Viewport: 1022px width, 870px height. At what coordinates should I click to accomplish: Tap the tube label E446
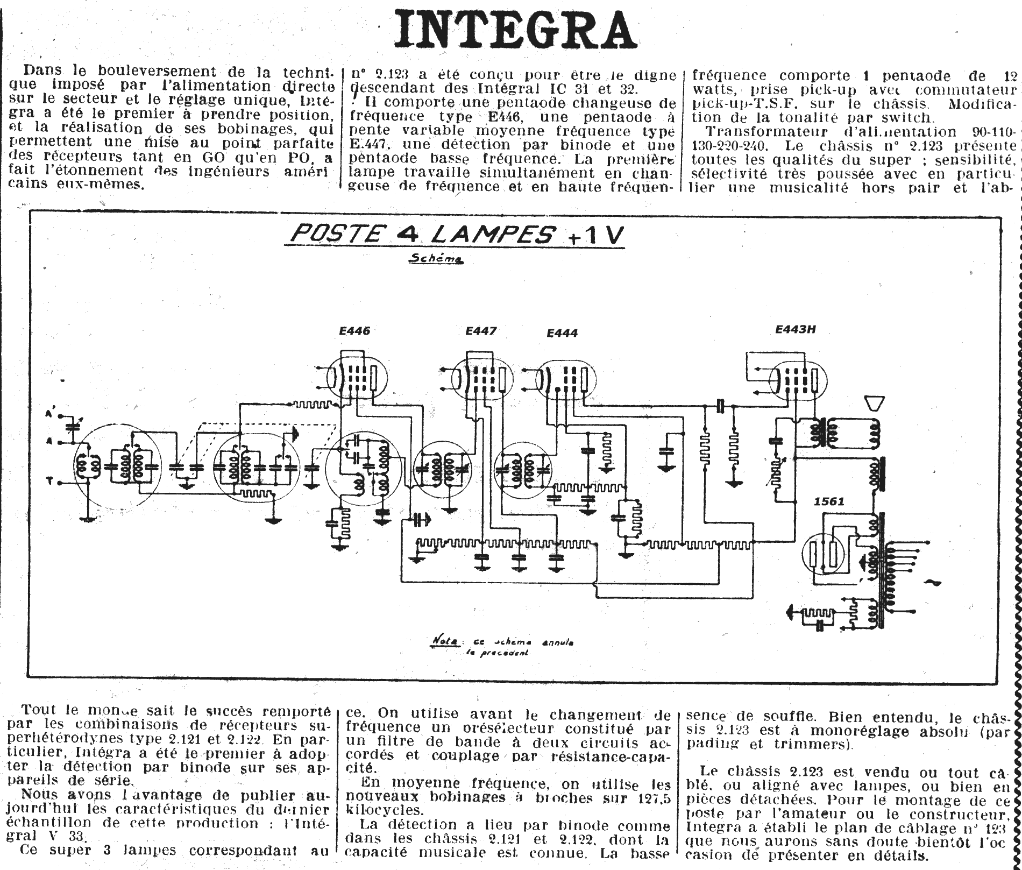pos(354,331)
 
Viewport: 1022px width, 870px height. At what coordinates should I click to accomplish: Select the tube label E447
pos(481,331)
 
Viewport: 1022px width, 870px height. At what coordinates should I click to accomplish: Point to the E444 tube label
pos(562,333)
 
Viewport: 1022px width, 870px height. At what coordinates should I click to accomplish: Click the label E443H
pos(796,329)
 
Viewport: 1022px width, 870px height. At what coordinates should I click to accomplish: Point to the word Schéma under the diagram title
pos(436,259)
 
